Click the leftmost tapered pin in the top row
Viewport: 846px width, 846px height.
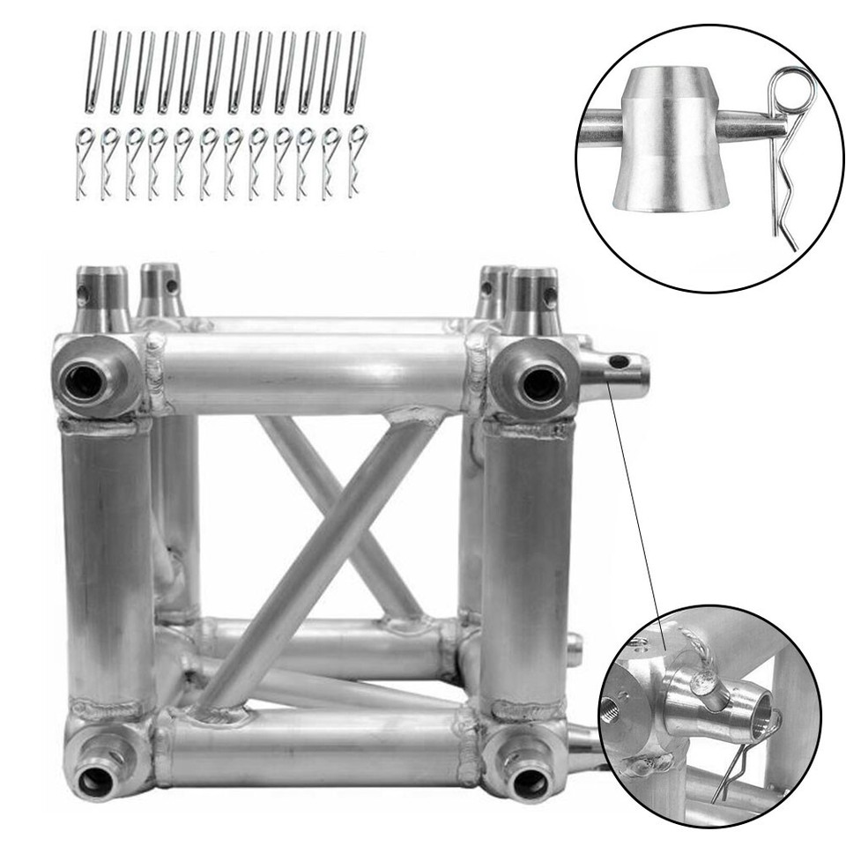point(96,71)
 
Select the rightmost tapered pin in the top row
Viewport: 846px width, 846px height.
point(357,71)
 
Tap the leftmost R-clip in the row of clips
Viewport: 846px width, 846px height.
point(83,163)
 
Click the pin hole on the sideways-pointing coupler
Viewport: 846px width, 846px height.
point(621,361)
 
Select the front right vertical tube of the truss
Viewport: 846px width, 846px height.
point(526,564)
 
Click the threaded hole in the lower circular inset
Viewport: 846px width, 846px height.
point(612,709)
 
